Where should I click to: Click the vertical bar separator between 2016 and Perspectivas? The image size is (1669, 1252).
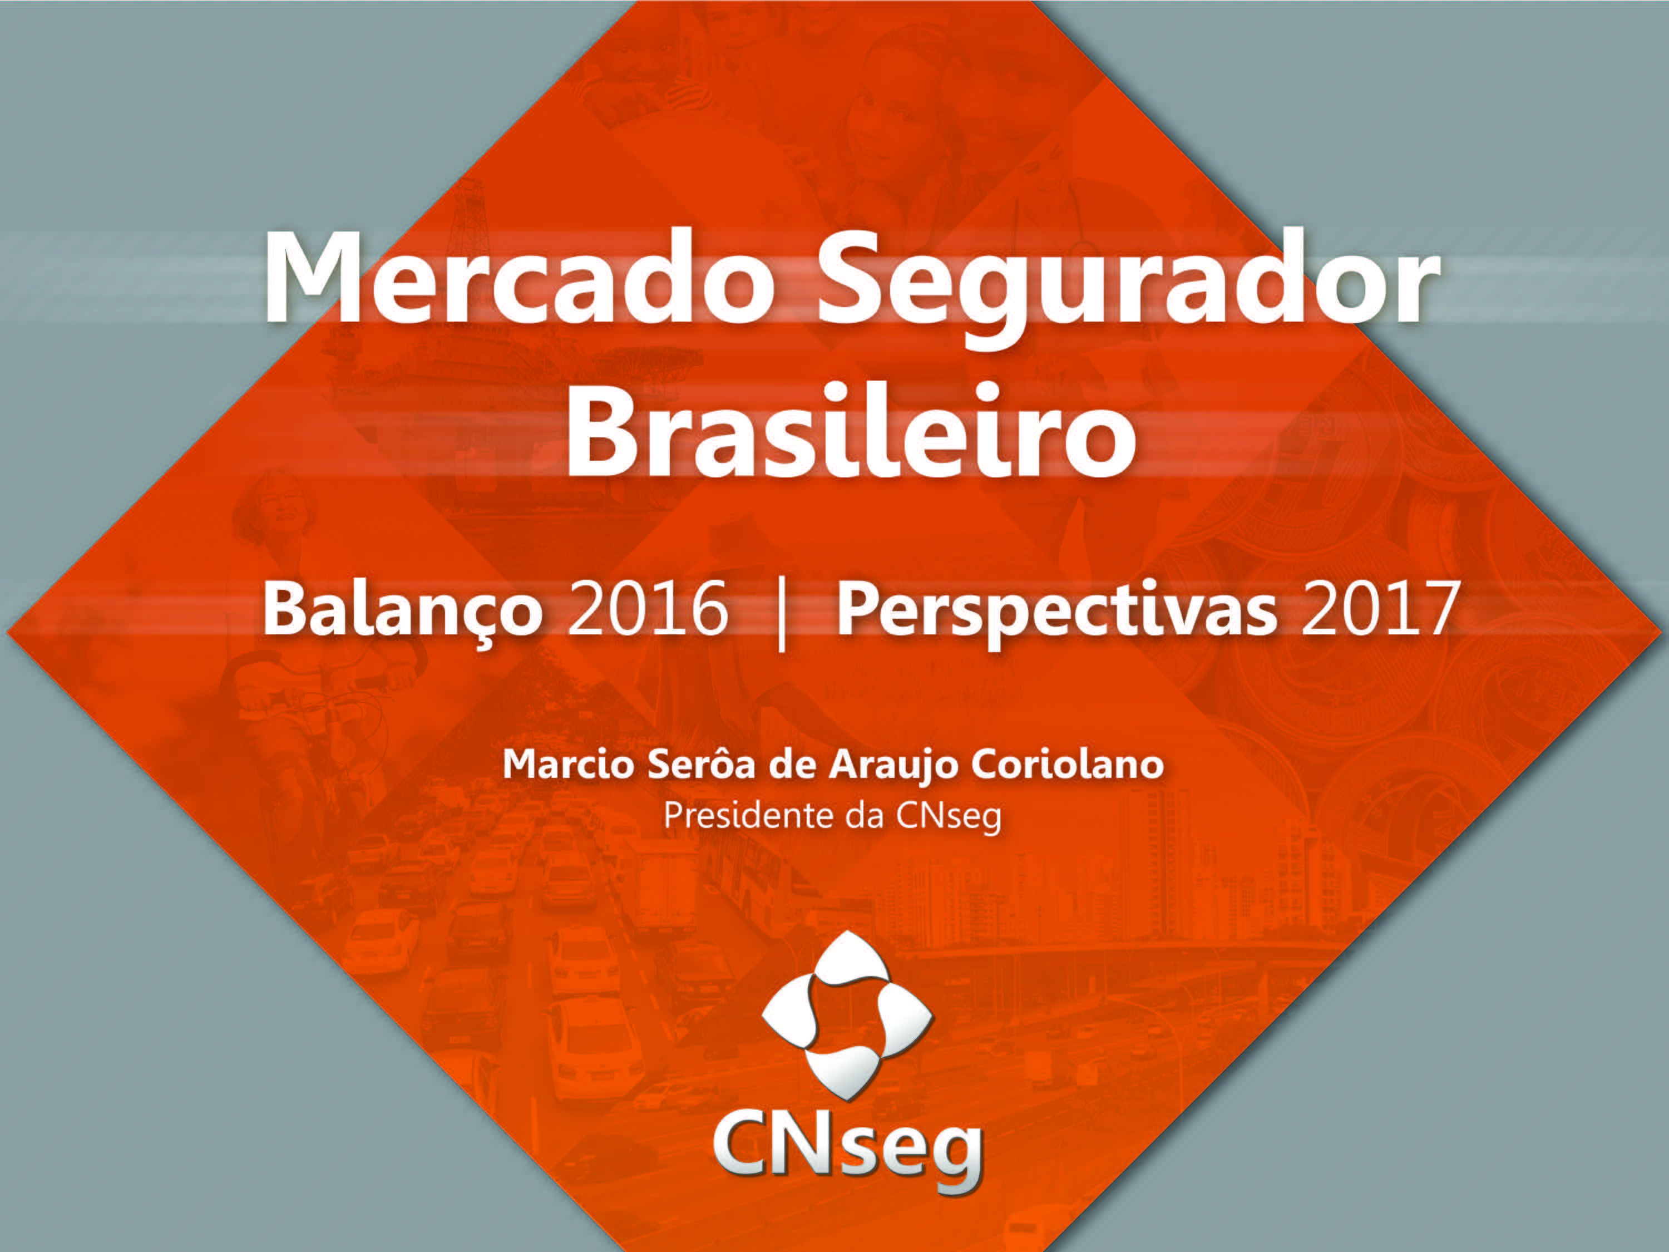tap(782, 613)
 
